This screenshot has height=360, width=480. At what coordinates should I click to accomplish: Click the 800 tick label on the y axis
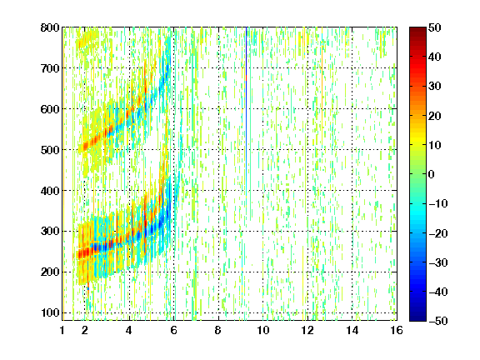pos(50,27)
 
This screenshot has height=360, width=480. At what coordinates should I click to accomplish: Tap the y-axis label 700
pos(50,68)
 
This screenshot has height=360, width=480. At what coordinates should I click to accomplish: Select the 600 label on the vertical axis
pos(50,109)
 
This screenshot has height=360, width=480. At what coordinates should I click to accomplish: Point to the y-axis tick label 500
pos(50,150)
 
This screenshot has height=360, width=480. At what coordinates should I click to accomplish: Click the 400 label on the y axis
pos(50,191)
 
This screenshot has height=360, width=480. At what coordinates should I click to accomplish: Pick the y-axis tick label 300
pos(50,232)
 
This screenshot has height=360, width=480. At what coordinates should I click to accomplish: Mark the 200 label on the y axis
pos(50,272)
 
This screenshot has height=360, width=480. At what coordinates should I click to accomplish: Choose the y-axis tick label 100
pos(50,312)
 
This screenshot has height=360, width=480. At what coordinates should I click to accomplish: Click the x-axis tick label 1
pos(62,330)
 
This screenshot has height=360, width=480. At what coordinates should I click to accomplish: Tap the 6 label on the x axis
pos(174,330)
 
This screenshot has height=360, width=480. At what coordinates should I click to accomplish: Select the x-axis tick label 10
pos(262,330)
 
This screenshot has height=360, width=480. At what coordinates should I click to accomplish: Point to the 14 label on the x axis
pos(352,330)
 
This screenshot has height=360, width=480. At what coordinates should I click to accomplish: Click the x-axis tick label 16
pos(397,330)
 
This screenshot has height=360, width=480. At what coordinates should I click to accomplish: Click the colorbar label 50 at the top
pos(434,27)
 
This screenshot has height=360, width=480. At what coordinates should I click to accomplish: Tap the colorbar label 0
pos(432,174)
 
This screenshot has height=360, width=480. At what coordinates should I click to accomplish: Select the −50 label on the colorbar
pos(438,321)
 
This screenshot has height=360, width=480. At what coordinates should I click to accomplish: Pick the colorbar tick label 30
pos(434,87)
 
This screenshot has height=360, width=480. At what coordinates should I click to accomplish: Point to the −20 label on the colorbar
pos(438,233)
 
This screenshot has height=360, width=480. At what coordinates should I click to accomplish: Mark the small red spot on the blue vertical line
pos(246,77)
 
